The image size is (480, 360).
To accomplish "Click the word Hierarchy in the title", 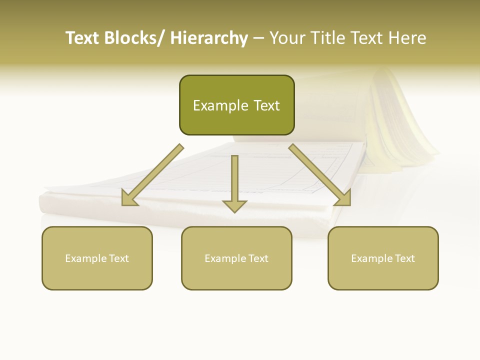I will (209, 38).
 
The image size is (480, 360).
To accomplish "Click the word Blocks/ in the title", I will (133, 38).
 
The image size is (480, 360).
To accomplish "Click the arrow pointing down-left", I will (152, 175).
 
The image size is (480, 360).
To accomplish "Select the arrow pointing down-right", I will (320, 175).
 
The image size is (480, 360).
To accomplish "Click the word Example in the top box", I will (213, 105).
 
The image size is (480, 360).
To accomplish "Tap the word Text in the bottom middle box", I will (257, 258).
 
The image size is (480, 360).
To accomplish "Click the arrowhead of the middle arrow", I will (234, 205).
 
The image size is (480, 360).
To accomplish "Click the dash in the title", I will (258, 38).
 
